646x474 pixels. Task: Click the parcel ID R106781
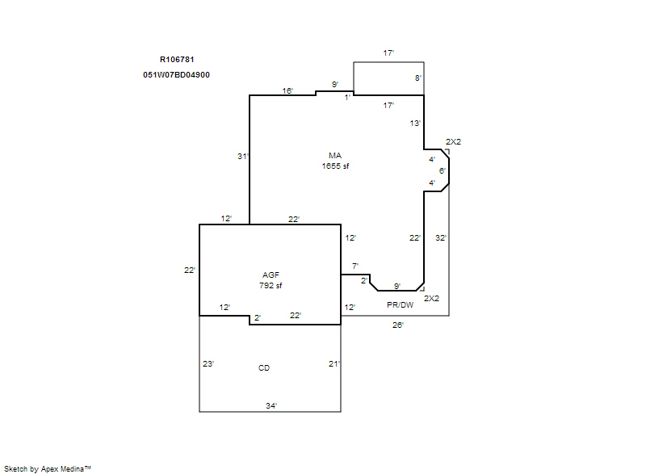177,59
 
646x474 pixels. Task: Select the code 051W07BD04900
176,75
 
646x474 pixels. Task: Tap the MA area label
335,156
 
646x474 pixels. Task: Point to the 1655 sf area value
335,166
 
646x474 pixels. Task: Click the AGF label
271,275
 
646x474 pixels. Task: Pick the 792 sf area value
271,285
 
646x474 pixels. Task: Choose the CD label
264,367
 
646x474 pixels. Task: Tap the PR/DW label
400,304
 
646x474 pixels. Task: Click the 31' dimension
243,156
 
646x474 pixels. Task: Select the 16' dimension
287,90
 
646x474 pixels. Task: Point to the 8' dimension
418,78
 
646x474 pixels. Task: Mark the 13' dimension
415,123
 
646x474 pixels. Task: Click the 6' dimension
442,170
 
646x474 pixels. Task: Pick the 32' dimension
441,237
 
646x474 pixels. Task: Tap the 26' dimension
398,325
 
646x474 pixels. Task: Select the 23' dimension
208,363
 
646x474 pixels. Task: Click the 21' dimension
334,363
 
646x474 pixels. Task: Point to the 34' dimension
271,405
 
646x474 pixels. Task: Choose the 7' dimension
355,266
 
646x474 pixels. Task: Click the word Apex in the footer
49,469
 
